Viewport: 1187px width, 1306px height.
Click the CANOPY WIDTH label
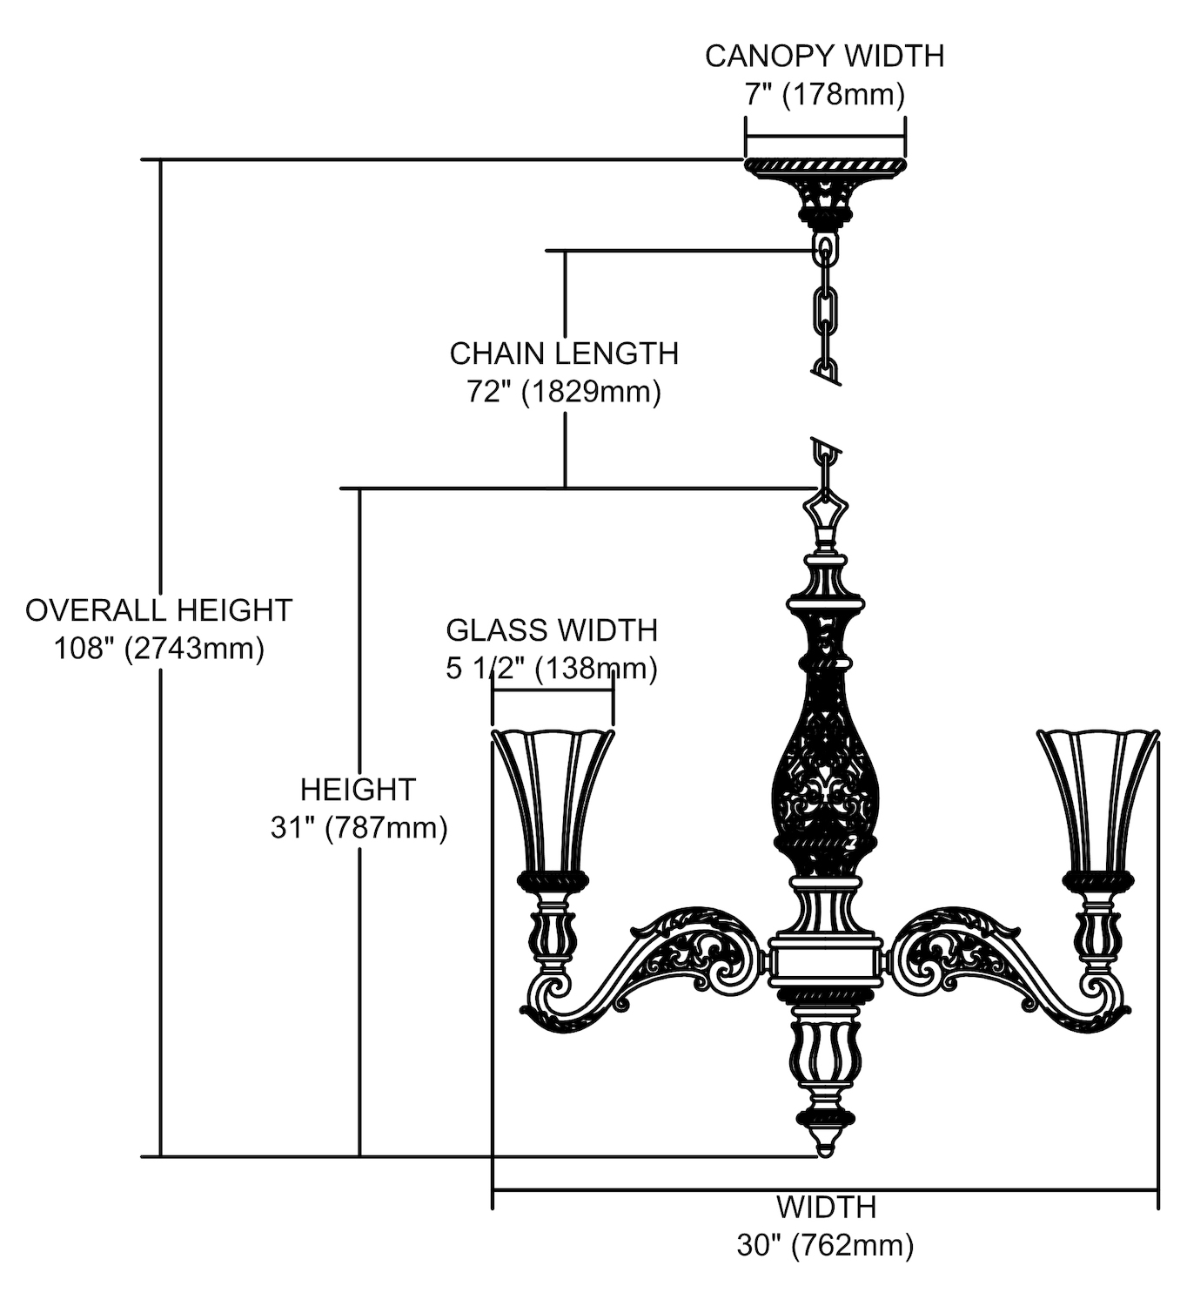tap(824, 56)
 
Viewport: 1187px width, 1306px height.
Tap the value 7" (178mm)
tap(824, 94)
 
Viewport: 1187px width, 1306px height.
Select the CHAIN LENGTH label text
tap(564, 353)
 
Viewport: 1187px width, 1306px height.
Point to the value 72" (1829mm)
tap(564, 392)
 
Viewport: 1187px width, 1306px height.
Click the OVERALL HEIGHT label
tap(158, 610)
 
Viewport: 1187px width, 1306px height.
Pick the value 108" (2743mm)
tap(158, 649)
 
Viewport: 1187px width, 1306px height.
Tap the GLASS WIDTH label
tap(552, 629)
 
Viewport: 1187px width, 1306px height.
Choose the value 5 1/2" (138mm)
tap(552, 669)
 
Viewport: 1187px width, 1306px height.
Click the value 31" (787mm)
tap(359, 827)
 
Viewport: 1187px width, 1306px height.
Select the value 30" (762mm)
tap(825, 1246)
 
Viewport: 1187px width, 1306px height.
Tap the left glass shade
tap(552, 801)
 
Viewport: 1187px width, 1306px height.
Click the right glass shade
tap(1098, 801)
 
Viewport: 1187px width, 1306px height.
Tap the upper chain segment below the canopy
tap(825, 305)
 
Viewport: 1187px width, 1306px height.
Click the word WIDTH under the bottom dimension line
tap(825, 1208)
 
